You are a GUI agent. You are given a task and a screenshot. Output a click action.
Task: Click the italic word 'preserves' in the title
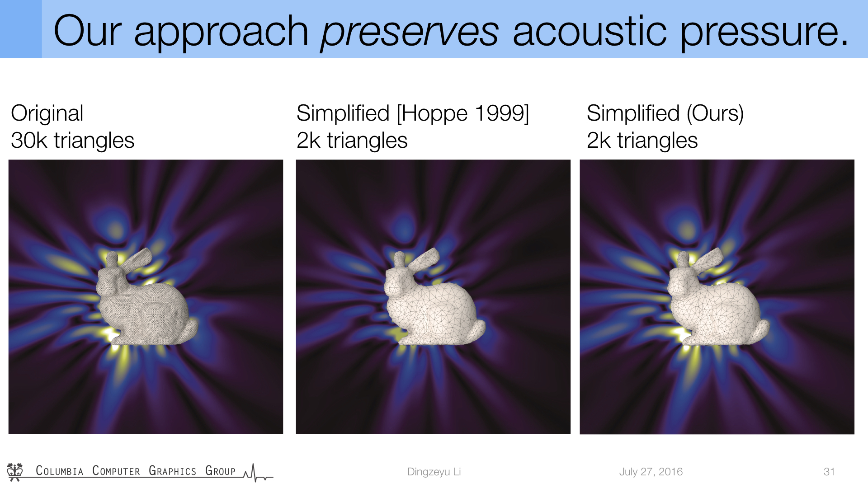pos(410,32)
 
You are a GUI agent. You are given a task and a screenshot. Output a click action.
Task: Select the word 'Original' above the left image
pos(47,113)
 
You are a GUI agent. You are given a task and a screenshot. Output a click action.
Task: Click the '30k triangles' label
pos(73,140)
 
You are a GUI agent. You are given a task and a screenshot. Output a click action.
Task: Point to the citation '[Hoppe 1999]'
pos(463,113)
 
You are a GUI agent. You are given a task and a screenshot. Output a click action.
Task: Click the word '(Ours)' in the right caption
pos(715,113)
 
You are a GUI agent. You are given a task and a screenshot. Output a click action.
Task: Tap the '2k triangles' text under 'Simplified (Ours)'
pos(642,140)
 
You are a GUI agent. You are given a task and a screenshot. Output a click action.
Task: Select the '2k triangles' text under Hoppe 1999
pos(352,140)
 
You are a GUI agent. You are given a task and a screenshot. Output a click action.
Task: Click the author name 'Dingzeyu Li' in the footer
pos(434,472)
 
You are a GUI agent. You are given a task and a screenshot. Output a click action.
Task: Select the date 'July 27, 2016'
pos(651,472)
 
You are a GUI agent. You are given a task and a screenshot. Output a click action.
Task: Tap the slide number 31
pos(829,472)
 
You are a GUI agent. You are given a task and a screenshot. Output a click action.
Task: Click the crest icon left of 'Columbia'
pos(15,471)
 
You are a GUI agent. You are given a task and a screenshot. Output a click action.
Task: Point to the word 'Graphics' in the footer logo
pos(172,471)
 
